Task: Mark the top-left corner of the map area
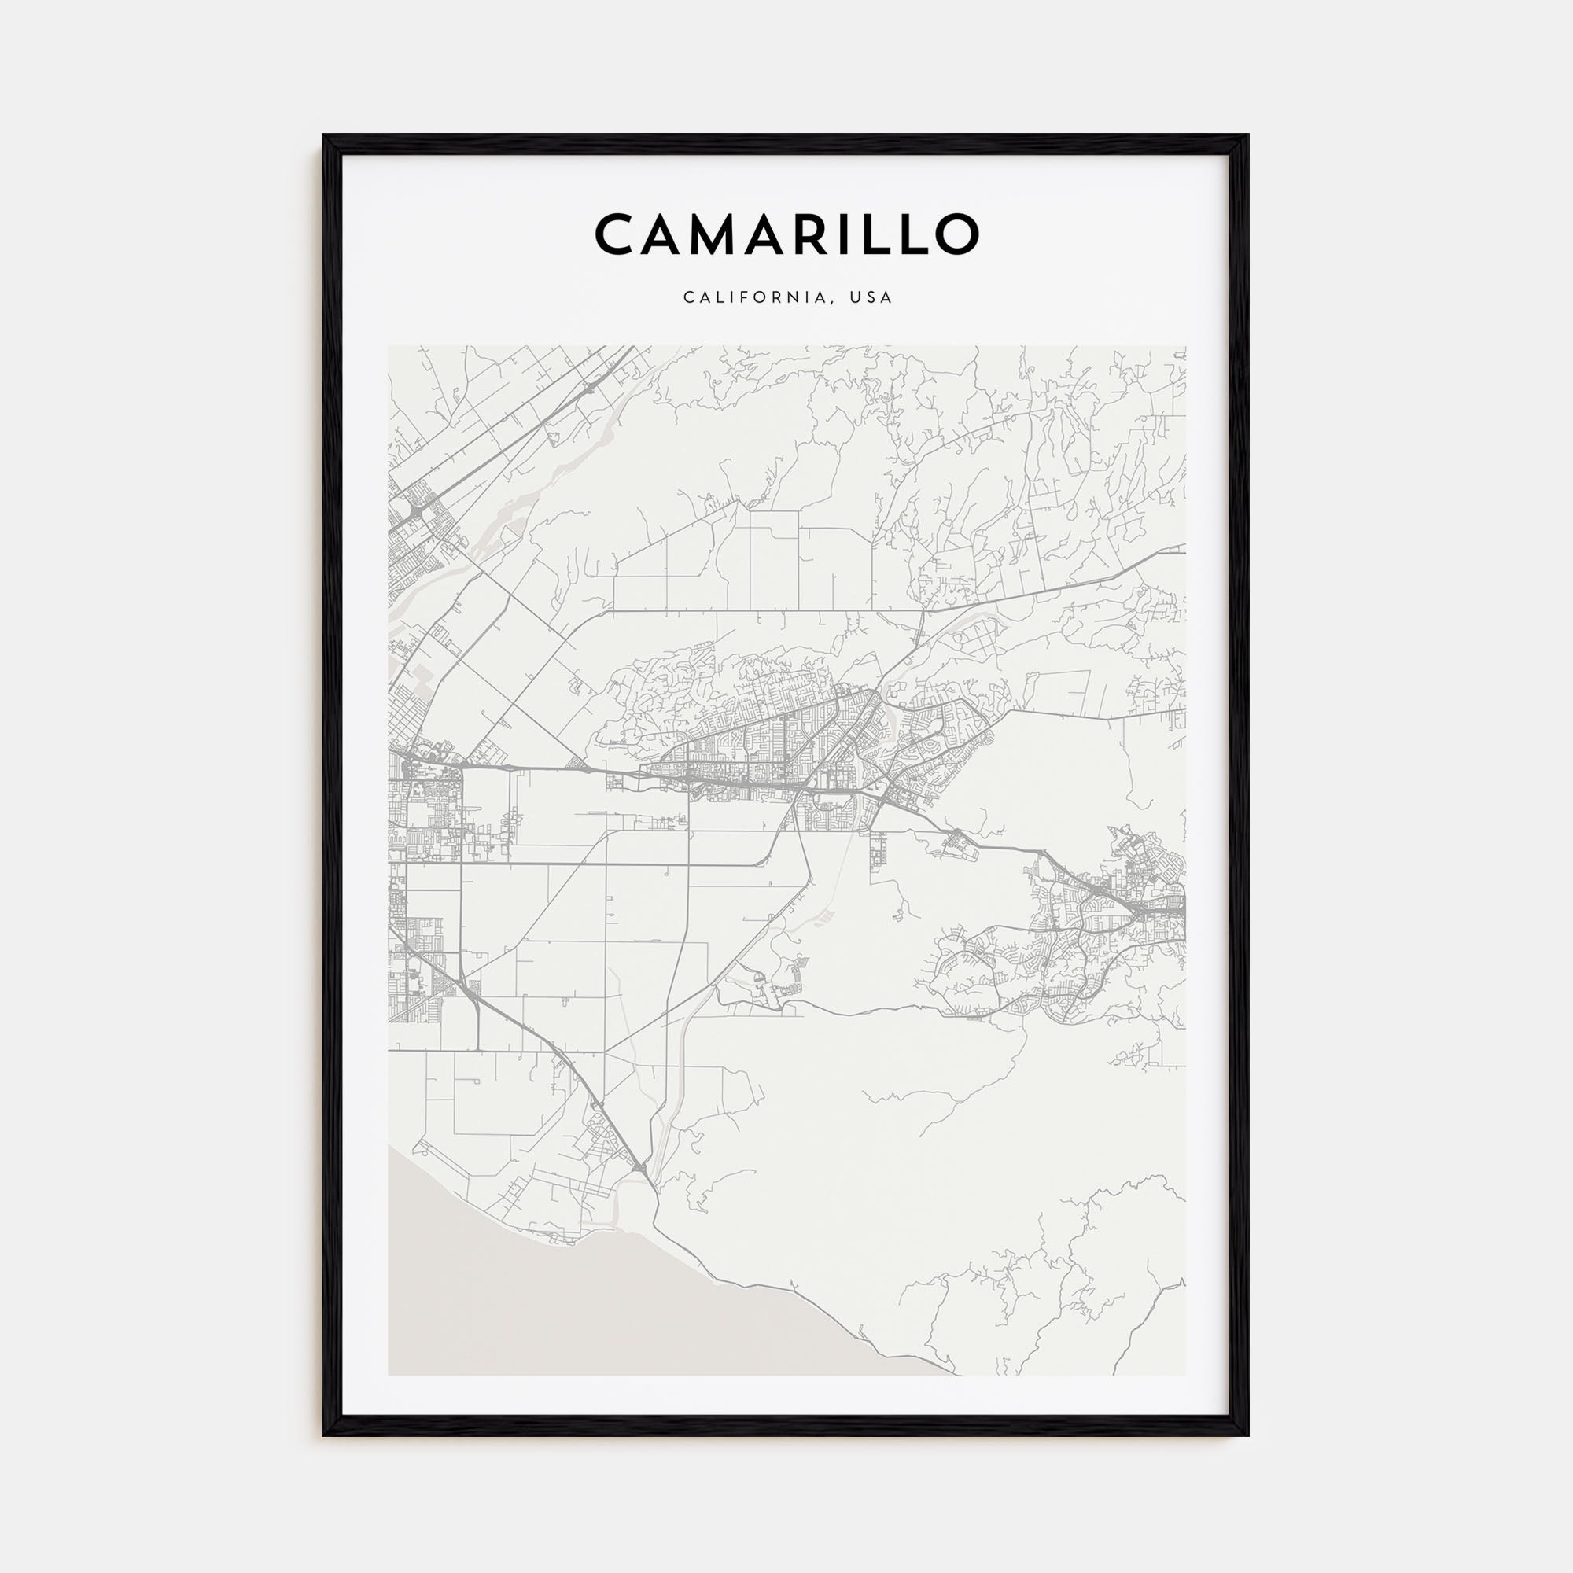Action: [x=389, y=346]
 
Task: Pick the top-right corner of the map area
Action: [x=1184, y=346]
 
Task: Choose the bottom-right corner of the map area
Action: [x=1184, y=1375]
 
